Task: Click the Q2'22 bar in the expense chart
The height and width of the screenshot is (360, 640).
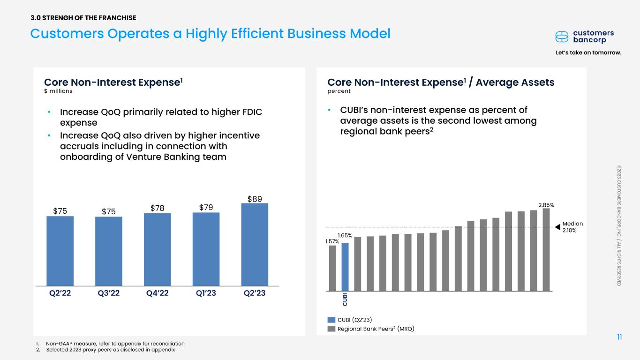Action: [x=60, y=251]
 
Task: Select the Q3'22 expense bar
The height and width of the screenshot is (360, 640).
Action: [x=108, y=251]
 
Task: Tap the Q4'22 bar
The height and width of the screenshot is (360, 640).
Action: [x=157, y=249]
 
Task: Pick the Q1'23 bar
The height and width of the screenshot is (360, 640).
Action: [x=206, y=249]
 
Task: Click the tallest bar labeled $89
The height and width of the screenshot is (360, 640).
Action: [x=255, y=244]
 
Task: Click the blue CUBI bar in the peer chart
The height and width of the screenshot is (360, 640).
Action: [x=345, y=267]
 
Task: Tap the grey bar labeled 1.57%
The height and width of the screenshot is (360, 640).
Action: [x=332, y=268]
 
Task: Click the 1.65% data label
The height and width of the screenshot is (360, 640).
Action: [x=345, y=234]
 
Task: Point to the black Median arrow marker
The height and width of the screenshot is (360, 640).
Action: [x=558, y=227]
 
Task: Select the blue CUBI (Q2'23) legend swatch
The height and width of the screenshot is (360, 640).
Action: [x=331, y=320]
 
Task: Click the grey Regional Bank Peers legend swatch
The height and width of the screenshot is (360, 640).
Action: [x=331, y=329]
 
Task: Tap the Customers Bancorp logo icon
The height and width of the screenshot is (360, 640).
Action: [x=562, y=37]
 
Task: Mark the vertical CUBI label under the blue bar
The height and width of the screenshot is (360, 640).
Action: [x=345, y=300]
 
